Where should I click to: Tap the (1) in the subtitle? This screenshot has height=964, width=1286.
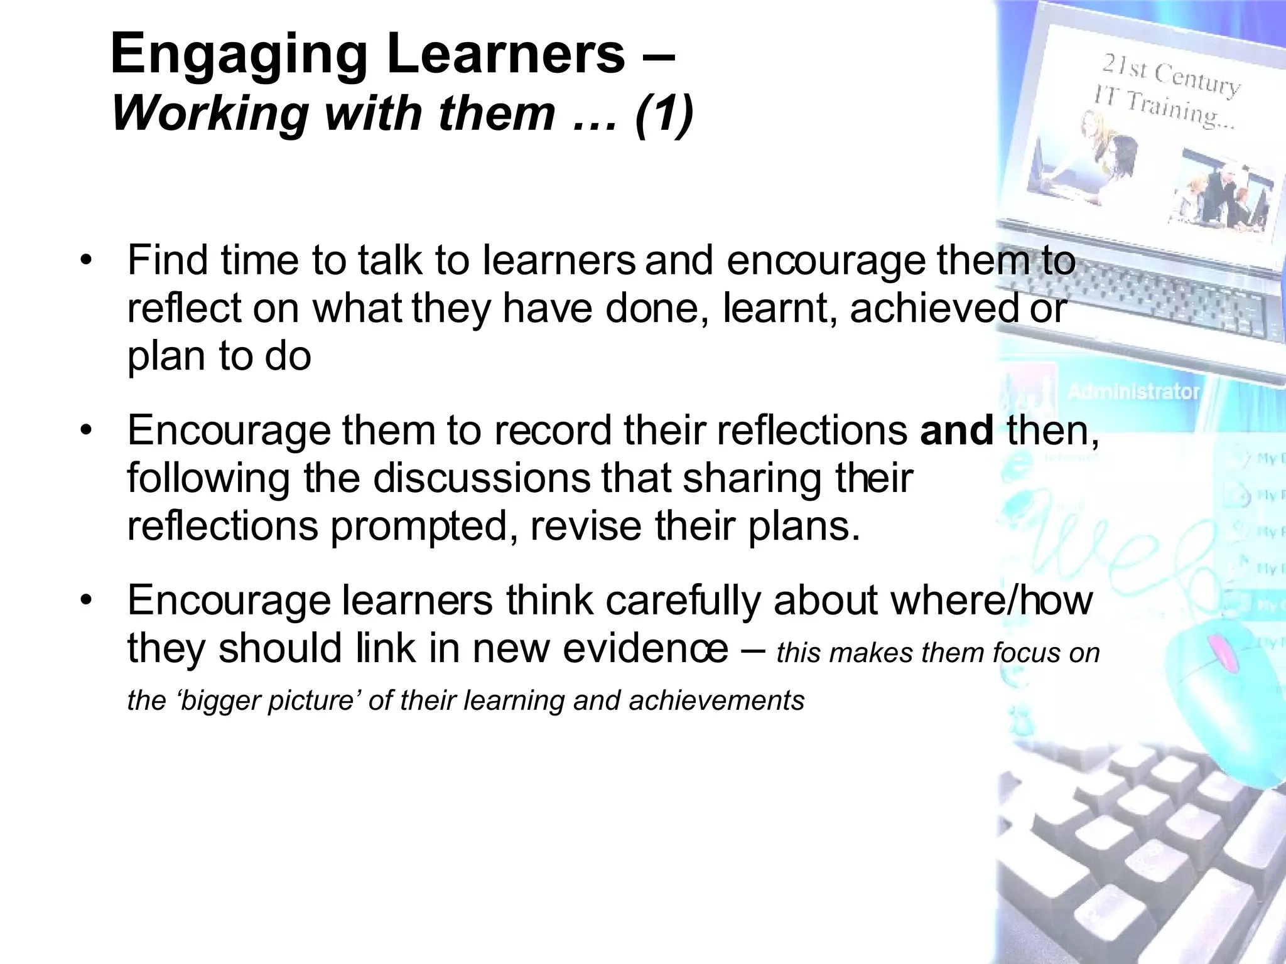(664, 113)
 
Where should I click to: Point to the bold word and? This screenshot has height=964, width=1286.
(956, 431)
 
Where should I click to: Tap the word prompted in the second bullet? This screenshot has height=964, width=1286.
(418, 526)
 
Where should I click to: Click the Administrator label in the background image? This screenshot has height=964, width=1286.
(1133, 392)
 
